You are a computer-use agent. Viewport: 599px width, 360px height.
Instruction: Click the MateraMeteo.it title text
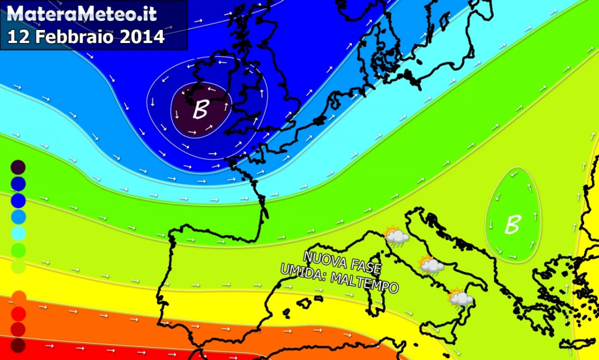pos(83,13)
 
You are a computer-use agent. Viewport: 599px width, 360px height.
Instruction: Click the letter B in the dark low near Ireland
pos(200,110)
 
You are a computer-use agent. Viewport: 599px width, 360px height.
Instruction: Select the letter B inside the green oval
pos(512,225)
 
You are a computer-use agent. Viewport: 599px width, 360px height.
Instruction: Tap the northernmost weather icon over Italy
pos(396,236)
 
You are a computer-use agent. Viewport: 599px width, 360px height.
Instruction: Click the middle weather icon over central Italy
pos(431,265)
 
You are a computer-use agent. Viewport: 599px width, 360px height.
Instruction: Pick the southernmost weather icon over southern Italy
pos(460,298)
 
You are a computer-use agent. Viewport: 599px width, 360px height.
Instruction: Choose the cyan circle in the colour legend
pos(18,233)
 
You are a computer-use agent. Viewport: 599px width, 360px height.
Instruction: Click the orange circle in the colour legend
pos(18,298)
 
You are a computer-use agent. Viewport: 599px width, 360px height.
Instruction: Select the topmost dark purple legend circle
pos(18,167)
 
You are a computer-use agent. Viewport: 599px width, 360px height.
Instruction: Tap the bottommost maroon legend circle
pos(18,345)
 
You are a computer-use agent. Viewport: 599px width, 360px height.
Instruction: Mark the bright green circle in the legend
pos(18,249)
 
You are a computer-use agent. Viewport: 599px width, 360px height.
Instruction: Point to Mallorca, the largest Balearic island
pos(304,303)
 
